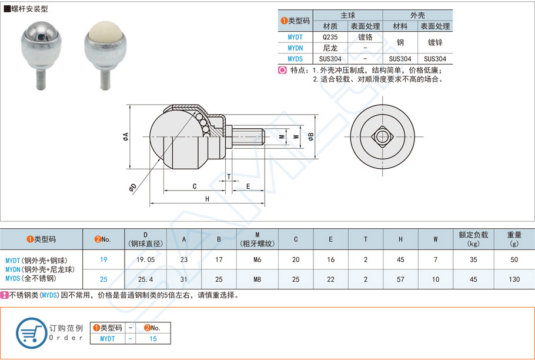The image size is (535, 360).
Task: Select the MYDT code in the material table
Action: (295, 36)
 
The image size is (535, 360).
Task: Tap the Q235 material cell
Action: (330, 36)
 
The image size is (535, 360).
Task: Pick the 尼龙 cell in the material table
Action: (330, 48)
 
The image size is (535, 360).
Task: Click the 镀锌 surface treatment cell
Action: (434, 42)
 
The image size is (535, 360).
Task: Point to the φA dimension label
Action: (125, 137)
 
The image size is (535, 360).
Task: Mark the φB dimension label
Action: (310, 137)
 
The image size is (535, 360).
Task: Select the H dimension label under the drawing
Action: (208, 199)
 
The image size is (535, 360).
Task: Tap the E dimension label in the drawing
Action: (248, 186)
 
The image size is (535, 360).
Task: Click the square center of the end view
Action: (383, 137)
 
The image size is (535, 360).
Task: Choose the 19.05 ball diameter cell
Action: (145, 259)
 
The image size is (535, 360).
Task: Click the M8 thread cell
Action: (257, 279)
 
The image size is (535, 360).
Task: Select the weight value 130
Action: (514, 279)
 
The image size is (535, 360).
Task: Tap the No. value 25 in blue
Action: (103, 279)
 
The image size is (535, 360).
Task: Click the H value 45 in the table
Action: (400, 259)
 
